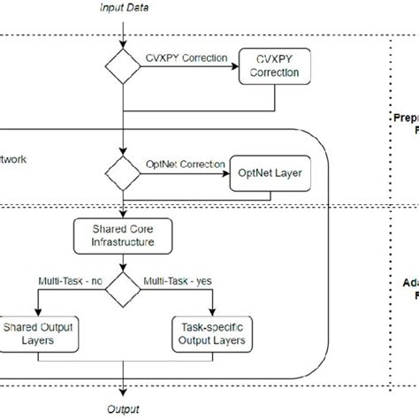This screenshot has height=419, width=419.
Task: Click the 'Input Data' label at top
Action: [x=125, y=8]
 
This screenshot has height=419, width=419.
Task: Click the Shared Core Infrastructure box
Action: [x=125, y=235]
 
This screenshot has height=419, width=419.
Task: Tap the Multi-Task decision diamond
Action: [x=125, y=286]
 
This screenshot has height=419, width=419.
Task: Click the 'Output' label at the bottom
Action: [x=125, y=409]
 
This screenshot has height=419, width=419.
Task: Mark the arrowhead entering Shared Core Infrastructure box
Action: [x=125, y=216]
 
